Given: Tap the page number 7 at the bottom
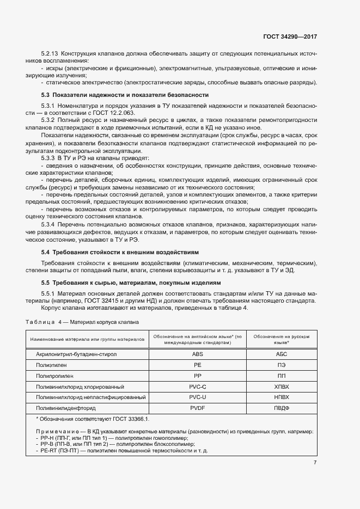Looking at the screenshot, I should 315,463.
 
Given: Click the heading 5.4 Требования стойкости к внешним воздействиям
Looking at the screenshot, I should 120,252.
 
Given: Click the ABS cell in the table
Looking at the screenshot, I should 197,354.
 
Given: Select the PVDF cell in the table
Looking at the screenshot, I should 197,408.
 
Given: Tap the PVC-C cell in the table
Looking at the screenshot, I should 197,386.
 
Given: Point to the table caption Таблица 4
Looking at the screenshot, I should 43,322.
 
